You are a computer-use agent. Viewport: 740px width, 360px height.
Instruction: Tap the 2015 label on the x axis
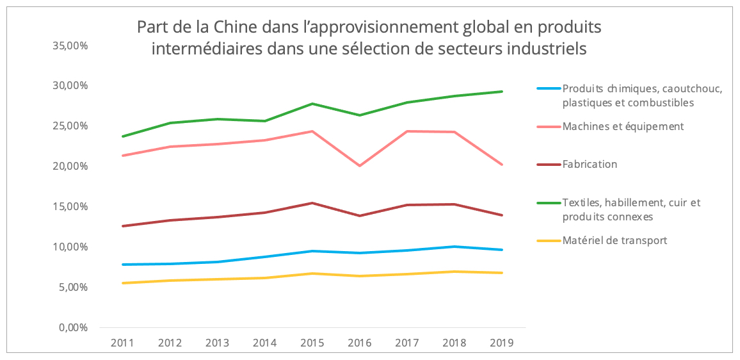(312, 343)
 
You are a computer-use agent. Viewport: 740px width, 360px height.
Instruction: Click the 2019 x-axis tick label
(501, 343)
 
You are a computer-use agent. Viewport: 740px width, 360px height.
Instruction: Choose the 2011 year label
(122, 343)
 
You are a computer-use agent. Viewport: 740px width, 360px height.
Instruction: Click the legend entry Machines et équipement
(623, 126)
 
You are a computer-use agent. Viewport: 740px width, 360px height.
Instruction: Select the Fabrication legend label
(590, 164)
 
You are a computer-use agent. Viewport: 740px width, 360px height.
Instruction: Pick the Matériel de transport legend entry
(615, 241)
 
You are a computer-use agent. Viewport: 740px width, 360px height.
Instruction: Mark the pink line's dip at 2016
(360, 166)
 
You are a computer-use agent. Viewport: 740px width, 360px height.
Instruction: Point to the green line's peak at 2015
(312, 104)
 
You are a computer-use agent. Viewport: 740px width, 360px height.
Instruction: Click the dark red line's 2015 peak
(312, 203)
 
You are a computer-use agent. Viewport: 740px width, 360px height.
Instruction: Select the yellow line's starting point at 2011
(122, 283)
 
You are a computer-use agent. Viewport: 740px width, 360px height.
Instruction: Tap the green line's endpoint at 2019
(501, 92)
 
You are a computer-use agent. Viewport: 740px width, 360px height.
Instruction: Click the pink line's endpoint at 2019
(501, 165)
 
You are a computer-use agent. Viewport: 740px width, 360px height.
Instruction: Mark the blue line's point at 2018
(454, 247)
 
